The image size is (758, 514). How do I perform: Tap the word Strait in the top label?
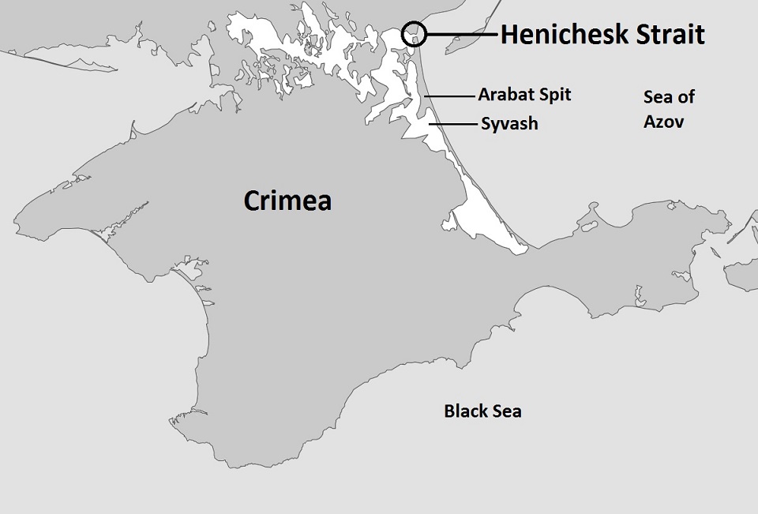pyautogui.click(x=670, y=35)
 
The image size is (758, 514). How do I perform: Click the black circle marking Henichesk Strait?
pyautogui.click(x=414, y=34)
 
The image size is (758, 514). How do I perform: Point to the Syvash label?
pyautogui.click(x=509, y=125)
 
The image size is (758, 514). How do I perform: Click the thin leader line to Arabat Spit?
pyautogui.click(x=449, y=96)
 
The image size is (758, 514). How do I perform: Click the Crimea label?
pyautogui.click(x=287, y=201)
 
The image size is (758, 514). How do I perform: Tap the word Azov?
pyautogui.click(x=663, y=122)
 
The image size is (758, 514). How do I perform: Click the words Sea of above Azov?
pyautogui.click(x=669, y=97)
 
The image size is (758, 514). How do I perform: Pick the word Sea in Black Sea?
pyautogui.click(x=507, y=411)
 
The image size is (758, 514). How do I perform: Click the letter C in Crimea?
pyautogui.click(x=252, y=201)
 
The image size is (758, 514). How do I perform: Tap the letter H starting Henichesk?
pyautogui.click(x=509, y=35)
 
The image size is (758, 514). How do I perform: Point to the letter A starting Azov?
pyautogui.click(x=648, y=122)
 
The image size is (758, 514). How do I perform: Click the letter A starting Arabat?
pyautogui.click(x=483, y=95)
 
